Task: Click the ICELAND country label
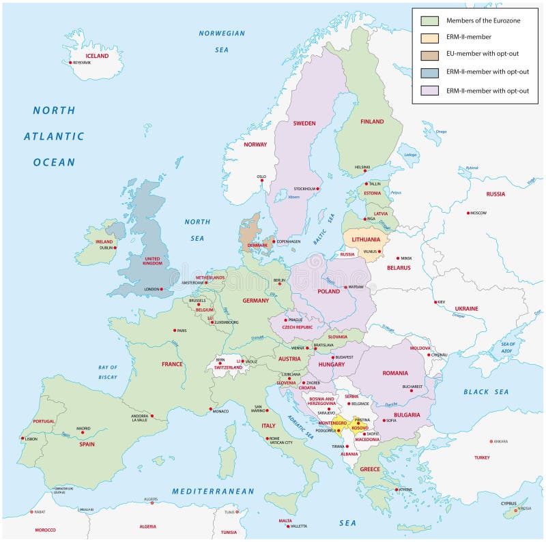97,56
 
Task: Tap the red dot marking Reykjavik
70,63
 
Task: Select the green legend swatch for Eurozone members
429,20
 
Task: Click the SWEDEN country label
304,123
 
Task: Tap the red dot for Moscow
469,213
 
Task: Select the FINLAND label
372,122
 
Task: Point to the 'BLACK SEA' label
486,392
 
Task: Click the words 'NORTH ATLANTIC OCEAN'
55,136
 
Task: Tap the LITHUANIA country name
366,239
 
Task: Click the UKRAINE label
467,308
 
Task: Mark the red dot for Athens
397,490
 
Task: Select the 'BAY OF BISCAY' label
108,372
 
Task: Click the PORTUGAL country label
44,421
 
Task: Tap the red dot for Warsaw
346,287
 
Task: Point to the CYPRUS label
508,503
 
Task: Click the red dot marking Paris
175,331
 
